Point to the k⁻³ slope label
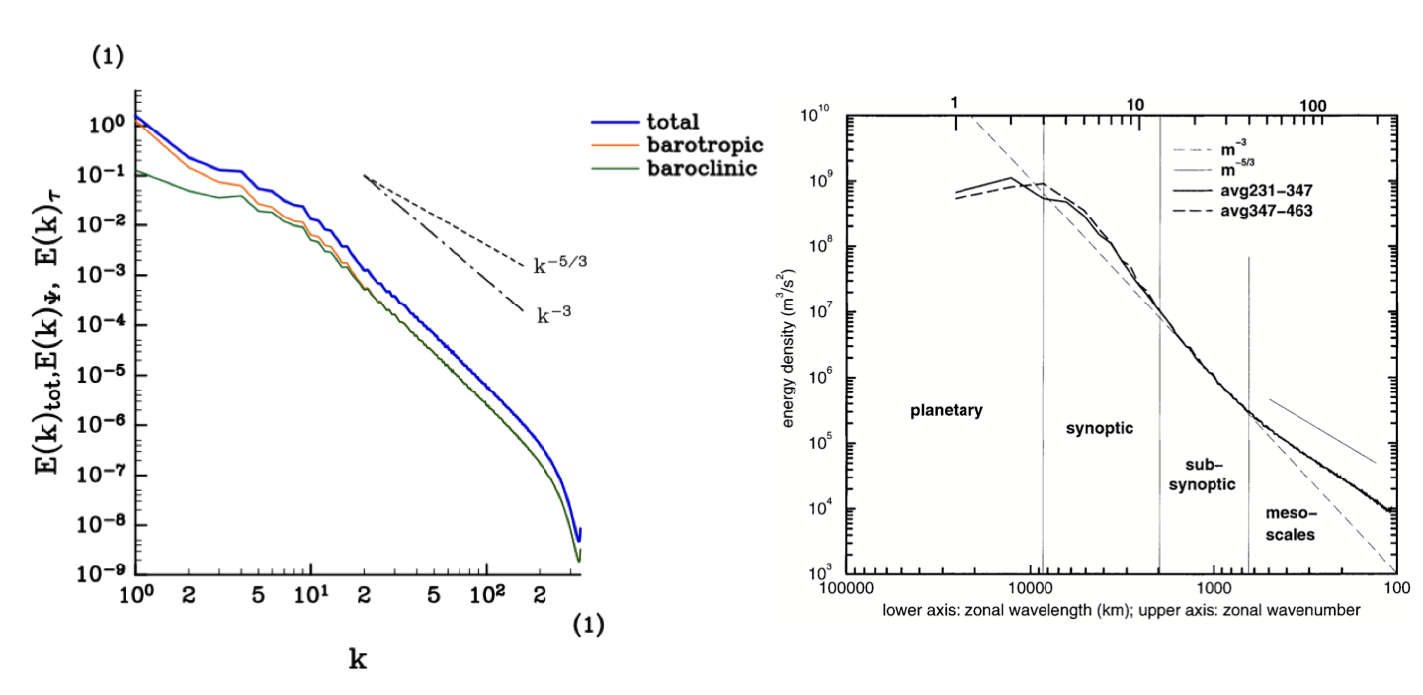556,315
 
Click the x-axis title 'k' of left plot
358,659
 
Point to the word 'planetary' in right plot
947,410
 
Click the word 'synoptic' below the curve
1099,428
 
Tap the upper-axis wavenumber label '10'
1134,104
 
